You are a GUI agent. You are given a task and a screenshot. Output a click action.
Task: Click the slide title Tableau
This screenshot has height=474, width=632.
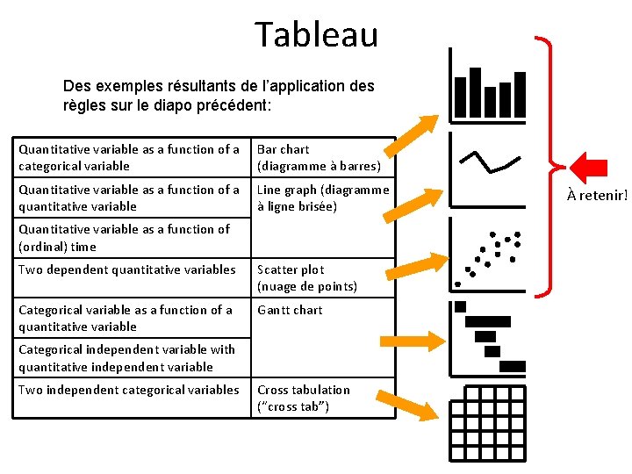pyautogui.click(x=316, y=34)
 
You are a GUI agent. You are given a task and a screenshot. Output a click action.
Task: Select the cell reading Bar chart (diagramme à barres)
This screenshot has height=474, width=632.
pyautogui.click(x=319, y=158)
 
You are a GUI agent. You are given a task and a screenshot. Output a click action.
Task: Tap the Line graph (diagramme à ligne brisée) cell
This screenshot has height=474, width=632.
pyautogui.click(x=322, y=198)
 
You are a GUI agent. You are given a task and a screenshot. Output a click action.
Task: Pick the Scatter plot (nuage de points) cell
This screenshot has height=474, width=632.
pyautogui.click(x=306, y=278)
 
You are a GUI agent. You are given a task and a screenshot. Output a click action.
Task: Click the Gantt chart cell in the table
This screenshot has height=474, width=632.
pyautogui.click(x=290, y=310)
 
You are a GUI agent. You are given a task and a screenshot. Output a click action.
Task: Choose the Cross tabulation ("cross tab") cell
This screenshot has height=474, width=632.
pyautogui.click(x=303, y=398)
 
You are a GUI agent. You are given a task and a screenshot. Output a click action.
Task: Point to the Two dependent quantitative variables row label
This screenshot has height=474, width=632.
pyautogui.click(x=127, y=269)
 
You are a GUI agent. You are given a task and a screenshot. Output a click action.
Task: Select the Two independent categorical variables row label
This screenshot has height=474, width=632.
pyautogui.click(x=129, y=390)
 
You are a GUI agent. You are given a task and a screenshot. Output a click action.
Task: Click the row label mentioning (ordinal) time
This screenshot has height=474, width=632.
pyautogui.click(x=124, y=238)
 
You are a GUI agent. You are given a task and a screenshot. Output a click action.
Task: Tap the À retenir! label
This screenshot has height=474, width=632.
pyautogui.click(x=597, y=195)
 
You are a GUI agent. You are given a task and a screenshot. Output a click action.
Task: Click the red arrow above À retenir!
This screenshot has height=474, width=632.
pyautogui.click(x=588, y=167)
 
